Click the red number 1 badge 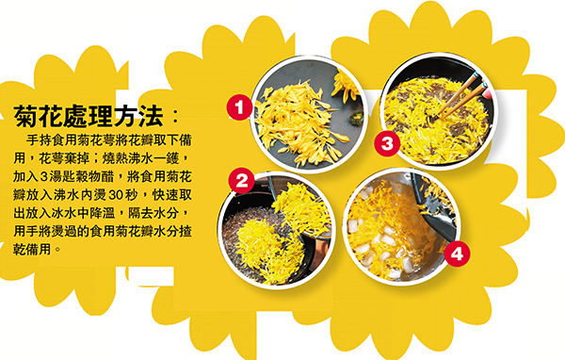[239, 107]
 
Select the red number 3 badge [387, 143]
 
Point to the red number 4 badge [457, 254]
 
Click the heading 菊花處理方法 [89, 116]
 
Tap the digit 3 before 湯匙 [44, 177]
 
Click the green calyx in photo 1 [356, 118]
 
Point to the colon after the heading [175, 116]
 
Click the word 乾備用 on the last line [32, 250]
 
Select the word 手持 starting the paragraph [39, 140]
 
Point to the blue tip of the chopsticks [476, 75]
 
